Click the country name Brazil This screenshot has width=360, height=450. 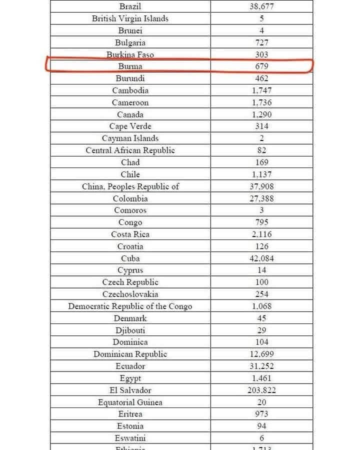[x=130, y=6]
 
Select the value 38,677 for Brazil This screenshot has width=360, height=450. [x=261, y=6]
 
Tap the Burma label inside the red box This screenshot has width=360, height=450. [x=130, y=66]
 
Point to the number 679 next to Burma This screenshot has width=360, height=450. [x=261, y=66]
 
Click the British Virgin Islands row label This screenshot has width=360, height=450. [x=130, y=18]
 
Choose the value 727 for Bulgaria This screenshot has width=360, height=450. [x=261, y=42]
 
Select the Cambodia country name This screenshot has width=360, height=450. [x=130, y=90]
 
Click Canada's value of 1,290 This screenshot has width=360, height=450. [x=261, y=114]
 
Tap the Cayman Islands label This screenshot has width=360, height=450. [x=130, y=138]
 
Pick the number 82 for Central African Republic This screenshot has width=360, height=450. [x=261, y=150]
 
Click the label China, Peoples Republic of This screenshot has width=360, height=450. [x=130, y=186]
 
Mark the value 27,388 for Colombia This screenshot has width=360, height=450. [x=261, y=198]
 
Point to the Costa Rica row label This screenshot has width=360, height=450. [x=130, y=234]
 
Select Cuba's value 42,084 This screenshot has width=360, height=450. [x=261, y=258]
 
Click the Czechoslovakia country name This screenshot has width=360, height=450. [x=130, y=294]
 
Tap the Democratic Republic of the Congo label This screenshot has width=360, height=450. [x=130, y=306]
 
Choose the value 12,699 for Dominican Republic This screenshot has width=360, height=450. [x=261, y=354]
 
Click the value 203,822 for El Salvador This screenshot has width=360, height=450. [x=261, y=390]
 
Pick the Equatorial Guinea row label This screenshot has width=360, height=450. [x=130, y=402]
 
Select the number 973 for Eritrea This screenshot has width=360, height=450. [x=261, y=414]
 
